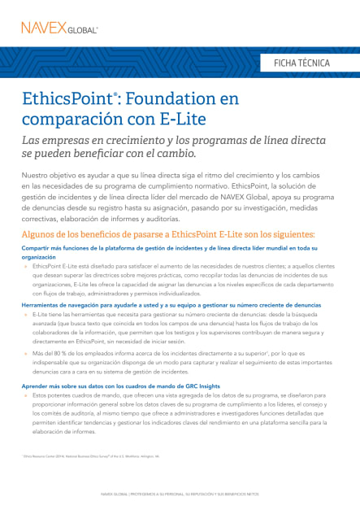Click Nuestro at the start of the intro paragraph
click(x=37, y=176)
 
